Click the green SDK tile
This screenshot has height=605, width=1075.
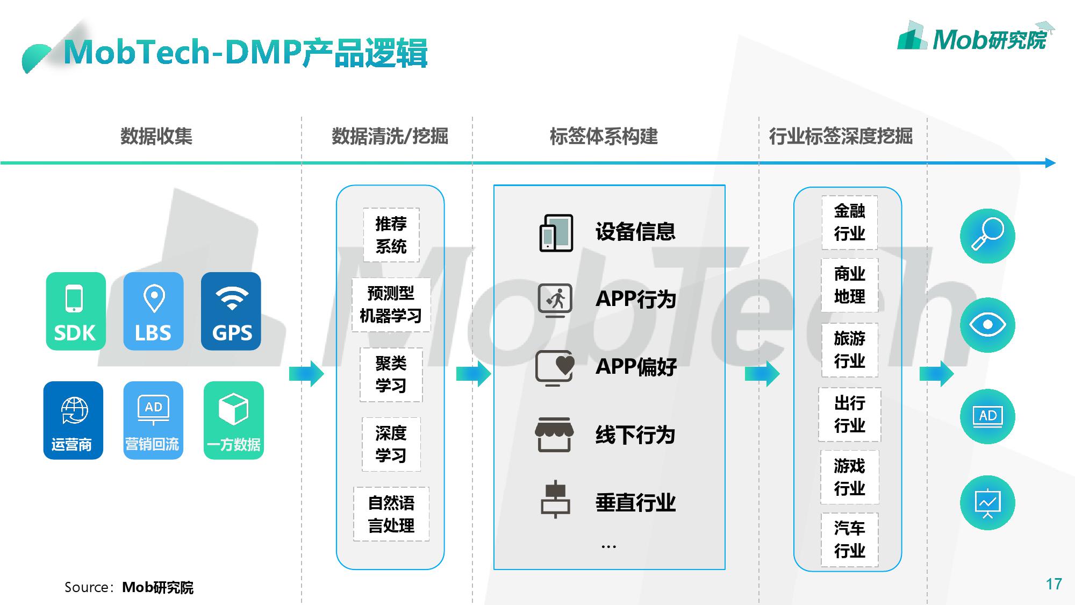pyautogui.click(x=76, y=311)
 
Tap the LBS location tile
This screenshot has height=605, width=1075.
pyautogui.click(x=153, y=311)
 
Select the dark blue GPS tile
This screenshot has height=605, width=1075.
pyautogui.click(x=231, y=311)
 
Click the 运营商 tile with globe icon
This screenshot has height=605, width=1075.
pyautogui.click(x=73, y=420)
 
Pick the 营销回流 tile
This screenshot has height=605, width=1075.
pyautogui.click(x=153, y=420)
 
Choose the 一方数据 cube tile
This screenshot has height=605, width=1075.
pyautogui.click(x=234, y=420)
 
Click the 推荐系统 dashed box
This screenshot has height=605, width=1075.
pyautogui.click(x=391, y=235)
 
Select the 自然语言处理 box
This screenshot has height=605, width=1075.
pyautogui.click(x=391, y=514)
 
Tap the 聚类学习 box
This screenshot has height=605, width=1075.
pyautogui.click(x=391, y=375)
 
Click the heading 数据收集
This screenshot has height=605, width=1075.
pyautogui.click(x=156, y=137)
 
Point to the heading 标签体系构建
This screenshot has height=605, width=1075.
pyautogui.click(x=604, y=137)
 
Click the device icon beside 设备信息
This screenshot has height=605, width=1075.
pyautogui.click(x=556, y=233)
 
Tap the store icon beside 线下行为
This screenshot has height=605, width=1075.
pyautogui.click(x=554, y=435)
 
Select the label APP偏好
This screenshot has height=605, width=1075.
pyautogui.click(x=636, y=367)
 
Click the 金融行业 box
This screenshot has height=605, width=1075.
pyautogui.click(x=849, y=222)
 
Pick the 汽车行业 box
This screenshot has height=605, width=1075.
pyautogui.click(x=849, y=539)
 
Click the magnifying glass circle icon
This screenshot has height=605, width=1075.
pyautogui.click(x=987, y=236)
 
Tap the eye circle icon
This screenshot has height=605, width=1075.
pyautogui.click(x=987, y=325)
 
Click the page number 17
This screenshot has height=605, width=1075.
pyautogui.click(x=1053, y=584)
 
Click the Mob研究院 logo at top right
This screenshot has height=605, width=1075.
pyautogui.click(x=976, y=38)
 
